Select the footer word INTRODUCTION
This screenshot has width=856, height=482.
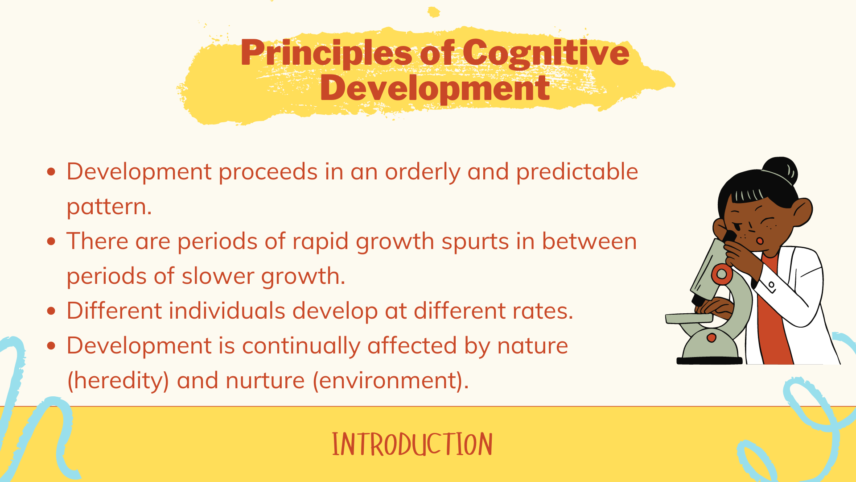(412, 445)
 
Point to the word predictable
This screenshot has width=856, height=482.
(577, 172)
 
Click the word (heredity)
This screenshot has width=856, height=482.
(118, 381)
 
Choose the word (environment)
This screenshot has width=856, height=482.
(391, 381)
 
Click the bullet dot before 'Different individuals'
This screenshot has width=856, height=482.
(51, 311)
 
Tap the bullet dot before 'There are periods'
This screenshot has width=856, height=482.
(51, 241)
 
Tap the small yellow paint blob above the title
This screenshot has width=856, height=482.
(433, 12)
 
